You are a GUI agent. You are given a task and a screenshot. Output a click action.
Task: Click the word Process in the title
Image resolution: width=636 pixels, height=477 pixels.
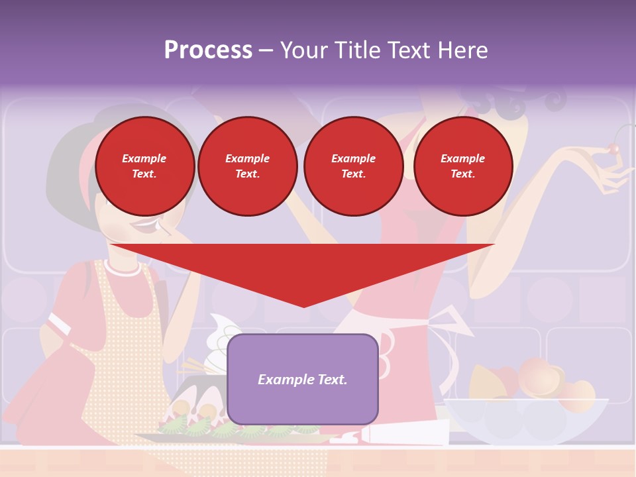pos(208,50)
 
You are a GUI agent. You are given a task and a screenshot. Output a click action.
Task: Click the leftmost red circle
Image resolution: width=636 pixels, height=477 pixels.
pos(145,166)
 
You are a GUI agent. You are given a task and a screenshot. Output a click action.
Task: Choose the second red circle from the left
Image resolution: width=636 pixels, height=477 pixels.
pos(248,166)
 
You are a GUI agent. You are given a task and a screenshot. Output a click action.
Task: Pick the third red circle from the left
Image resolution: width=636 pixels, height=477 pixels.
pos(353,166)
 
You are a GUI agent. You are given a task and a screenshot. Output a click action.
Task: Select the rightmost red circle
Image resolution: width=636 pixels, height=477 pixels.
pos(463,166)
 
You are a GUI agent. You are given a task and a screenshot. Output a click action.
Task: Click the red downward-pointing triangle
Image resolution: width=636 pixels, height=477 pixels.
pos(303,268)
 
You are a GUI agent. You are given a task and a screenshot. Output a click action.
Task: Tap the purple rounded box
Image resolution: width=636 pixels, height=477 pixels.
pos(303,379)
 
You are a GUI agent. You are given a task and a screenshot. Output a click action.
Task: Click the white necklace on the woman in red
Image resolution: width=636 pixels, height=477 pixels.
pos(122,268)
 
